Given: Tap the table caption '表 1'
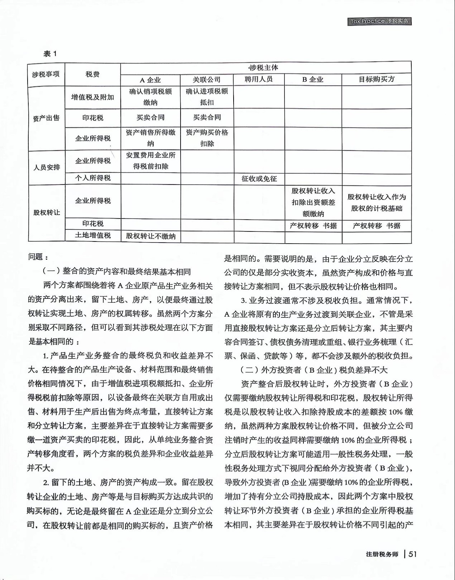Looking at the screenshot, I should tap(50, 54).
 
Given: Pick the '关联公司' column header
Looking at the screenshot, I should tap(207, 80).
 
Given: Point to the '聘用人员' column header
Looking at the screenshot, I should tap(259, 79).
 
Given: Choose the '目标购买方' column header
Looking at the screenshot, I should tap(377, 79).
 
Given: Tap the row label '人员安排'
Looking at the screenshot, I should tap(47, 167).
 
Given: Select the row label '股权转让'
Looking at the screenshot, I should tap(47, 212).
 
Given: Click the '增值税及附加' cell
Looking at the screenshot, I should tap(92, 97).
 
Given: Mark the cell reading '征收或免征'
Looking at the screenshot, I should tap(259, 178).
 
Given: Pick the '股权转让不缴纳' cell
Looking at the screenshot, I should tap(151, 236).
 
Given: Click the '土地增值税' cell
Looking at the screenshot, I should tap(92, 235).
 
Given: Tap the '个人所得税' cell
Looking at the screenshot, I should tap(92, 178).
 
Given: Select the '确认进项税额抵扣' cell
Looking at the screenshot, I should tap(207, 97).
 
